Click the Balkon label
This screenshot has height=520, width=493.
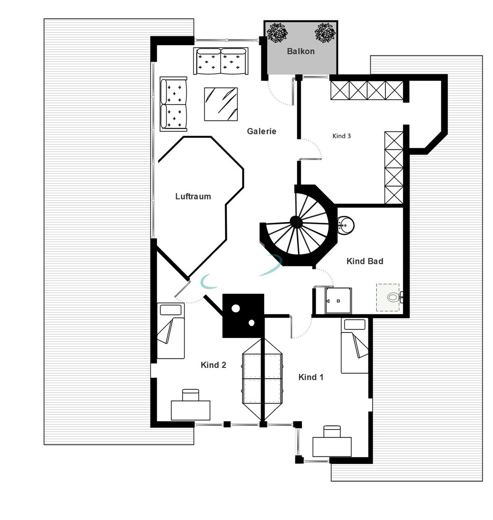click(x=300, y=51)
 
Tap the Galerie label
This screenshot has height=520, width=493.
click(x=261, y=131)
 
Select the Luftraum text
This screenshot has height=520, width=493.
click(x=193, y=196)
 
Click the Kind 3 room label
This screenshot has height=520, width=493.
click(x=342, y=136)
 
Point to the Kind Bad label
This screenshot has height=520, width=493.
click(x=365, y=261)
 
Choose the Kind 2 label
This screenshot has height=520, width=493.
click(x=213, y=365)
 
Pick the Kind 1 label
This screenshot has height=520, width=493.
click(x=311, y=377)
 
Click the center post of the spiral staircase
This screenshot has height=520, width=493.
click(x=296, y=222)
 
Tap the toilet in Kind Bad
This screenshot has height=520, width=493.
click(x=393, y=297)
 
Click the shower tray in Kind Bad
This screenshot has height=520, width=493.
click(x=339, y=300)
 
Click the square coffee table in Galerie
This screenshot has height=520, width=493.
click(x=221, y=104)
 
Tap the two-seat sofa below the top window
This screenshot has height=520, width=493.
click(x=221, y=61)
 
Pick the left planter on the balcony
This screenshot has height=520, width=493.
click(x=277, y=33)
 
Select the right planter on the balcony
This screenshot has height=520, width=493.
click(x=325, y=33)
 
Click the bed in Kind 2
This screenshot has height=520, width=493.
click(x=171, y=331)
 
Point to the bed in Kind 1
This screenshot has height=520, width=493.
click(x=355, y=346)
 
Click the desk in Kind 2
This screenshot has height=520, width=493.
click(x=191, y=410)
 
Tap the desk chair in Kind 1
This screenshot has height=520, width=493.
click(x=332, y=431)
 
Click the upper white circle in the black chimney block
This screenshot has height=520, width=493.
click(x=236, y=309)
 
